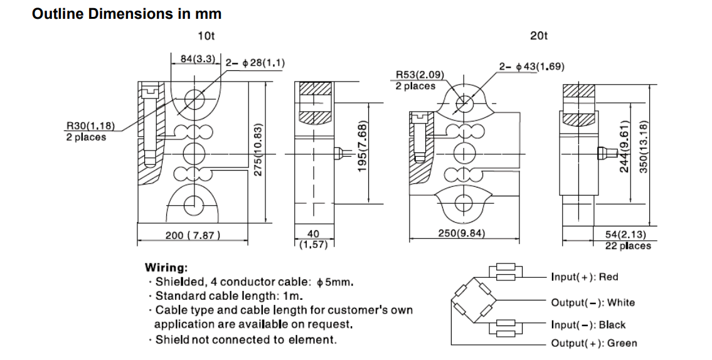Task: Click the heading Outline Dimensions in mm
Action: tap(126, 14)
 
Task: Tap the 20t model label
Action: tap(538, 36)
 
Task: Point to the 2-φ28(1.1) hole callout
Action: tap(254, 63)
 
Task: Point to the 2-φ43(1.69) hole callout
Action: tap(531, 66)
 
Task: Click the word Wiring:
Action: tap(166, 267)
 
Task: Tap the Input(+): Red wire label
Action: tap(584, 277)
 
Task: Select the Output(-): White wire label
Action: tap(593, 302)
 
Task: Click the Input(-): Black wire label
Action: tap(588, 325)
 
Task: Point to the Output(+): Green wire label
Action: tap(593, 343)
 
